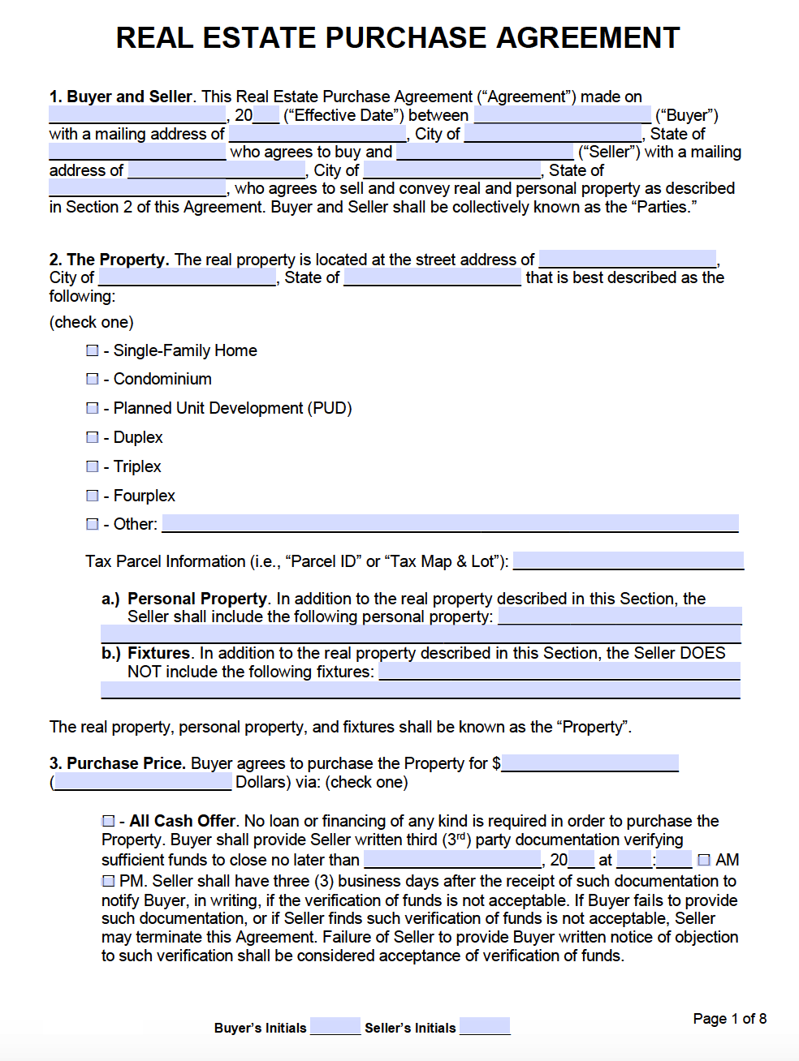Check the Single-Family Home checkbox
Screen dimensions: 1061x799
point(93,350)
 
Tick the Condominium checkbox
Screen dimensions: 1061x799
point(93,379)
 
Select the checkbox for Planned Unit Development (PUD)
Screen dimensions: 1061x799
point(93,408)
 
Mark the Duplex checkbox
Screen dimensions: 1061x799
point(93,437)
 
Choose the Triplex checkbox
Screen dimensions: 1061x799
point(93,466)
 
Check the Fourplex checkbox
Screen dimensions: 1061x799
point(93,496)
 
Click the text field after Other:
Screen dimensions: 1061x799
point(450,523)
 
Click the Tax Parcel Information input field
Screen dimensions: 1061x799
point(628,561)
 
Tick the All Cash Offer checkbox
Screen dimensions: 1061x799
point(109,821)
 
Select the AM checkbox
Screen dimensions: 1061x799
point(704,860)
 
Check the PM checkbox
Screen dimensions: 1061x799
point(109,881)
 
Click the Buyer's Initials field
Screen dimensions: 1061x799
point(335,1026)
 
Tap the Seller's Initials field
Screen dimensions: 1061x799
point(485,1026)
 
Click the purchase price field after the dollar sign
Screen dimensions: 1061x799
point(590,762)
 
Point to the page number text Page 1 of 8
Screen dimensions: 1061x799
point(729,1019)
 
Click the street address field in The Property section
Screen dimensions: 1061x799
point(627,259)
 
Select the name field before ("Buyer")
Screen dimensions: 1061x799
point(562,114)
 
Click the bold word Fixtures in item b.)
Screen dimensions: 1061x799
point(158,653)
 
